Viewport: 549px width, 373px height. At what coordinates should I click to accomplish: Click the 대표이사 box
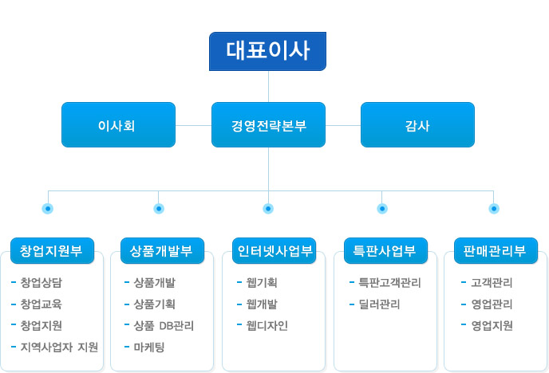pyautogui.click(x=267, y=51)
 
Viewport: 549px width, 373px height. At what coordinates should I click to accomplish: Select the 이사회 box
pyautogui.click(x=118, y=125)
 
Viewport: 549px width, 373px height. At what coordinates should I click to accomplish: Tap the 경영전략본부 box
pyautogui.click(x=268, y=125)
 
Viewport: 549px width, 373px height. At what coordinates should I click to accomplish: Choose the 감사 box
pyautogui.click(x=417, y=125)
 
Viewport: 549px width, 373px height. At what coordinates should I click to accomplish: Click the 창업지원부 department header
pyautogui.click(x=52, y=250)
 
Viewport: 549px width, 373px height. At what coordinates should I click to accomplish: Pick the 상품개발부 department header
pyautogui.click(x=162, y=250)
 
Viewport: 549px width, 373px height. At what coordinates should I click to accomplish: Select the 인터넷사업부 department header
pyautogui.click(x=274, y=250)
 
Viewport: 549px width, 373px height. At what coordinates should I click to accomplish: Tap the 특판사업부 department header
pyautogui.click(x=385, y=250)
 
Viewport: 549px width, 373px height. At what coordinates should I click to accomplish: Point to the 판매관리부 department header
pyautogui.click(x=496, y=250)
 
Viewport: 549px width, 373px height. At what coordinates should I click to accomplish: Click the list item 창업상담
pyautogui.click(x=41, y=282)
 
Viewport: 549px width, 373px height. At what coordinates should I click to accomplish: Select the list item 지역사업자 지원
pyautogui.click(x=59, y=347)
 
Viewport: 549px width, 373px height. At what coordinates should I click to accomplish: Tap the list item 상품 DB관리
pyautogui.click(x=164, y=326)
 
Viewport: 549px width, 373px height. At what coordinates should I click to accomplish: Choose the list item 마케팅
pyautogui.click(x=148, y=347)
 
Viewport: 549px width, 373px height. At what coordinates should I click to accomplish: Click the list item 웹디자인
pyautogui.click(x=267, y=326)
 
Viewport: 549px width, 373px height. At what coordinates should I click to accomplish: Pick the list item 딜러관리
pyautogui.click(x=379, y=304)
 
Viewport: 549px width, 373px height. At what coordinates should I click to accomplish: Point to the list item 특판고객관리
pyautogui.click(x=389, y=282)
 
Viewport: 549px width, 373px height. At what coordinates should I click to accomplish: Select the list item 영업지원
pyautogui.click(x=492, y=326)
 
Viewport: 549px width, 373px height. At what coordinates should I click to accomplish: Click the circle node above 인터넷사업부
pyautogui.click(x=268, y=209)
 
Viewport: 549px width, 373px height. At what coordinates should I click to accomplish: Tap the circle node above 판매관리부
pyautogui.click(x=494, y=209)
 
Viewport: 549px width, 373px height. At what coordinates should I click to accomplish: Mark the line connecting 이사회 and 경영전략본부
pyautogui.click(x=193, y=125)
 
